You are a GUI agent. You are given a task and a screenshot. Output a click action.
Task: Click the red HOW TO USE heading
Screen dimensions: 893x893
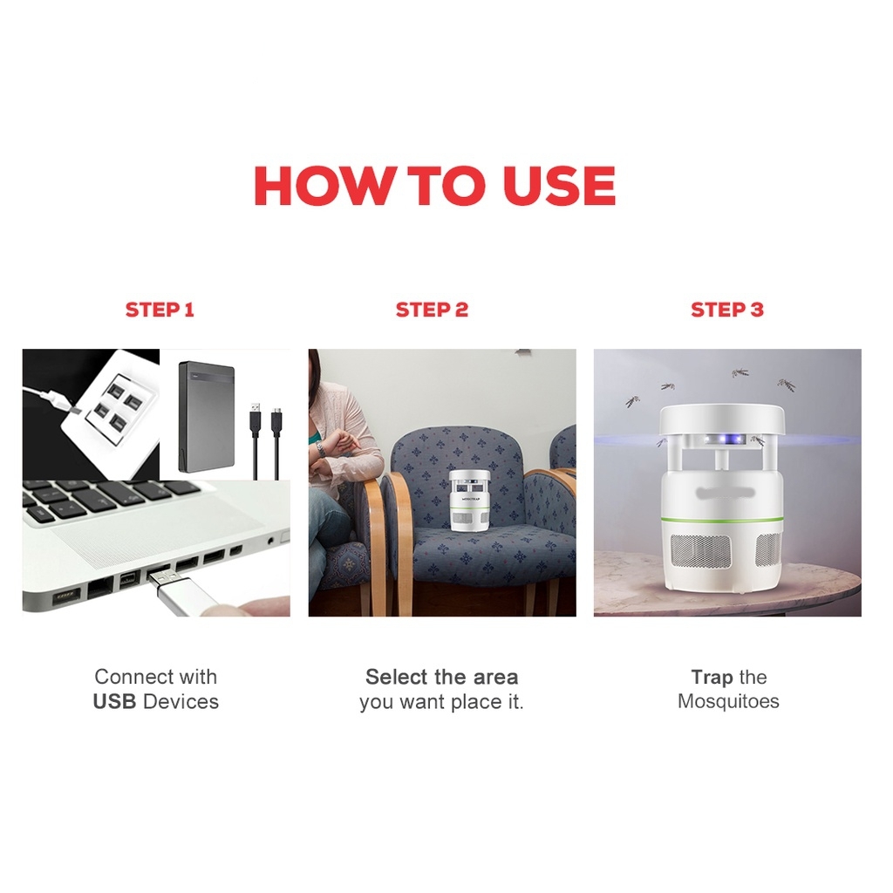434,186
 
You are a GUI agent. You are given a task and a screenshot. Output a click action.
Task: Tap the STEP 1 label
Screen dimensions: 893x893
160,310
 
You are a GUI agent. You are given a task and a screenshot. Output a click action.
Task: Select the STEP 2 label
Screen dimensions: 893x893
432,310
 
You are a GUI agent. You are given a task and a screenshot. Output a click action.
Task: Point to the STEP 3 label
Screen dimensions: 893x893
726,310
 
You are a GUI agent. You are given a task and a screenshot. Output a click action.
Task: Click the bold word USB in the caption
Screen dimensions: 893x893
114,702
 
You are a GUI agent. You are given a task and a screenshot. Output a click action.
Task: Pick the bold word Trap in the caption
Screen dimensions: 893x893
712,677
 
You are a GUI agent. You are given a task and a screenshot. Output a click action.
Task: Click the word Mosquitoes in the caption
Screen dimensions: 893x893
728,701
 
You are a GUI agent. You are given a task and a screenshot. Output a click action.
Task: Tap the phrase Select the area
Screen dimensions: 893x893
442,677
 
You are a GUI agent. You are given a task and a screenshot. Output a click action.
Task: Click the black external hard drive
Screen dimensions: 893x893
207,416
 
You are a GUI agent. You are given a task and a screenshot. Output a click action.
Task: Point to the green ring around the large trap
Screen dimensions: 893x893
721,520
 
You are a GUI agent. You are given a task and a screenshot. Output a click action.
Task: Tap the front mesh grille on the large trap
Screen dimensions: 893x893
700,551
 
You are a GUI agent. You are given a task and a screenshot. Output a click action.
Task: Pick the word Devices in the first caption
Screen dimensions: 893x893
181,702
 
